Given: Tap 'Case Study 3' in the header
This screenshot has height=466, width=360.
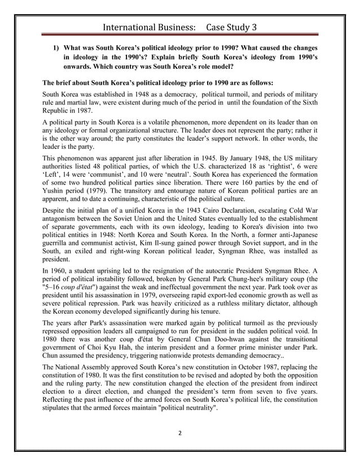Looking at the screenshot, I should (x=231, y=27).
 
